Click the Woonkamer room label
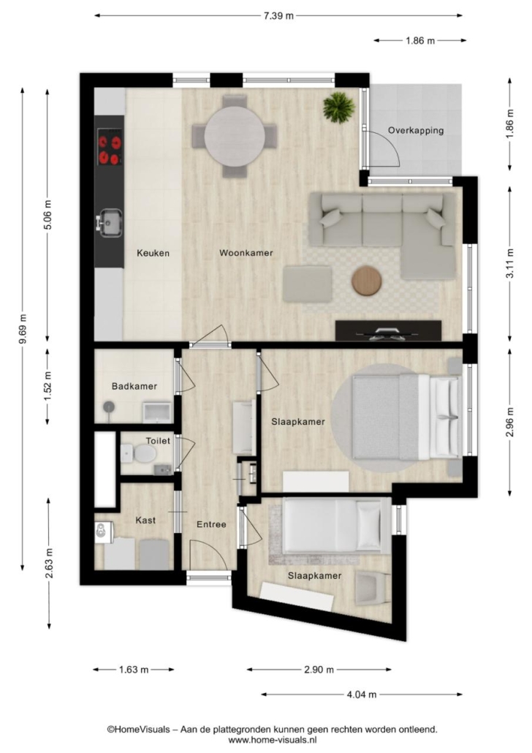[x=246, y=253]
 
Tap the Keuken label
[x=153, y=253]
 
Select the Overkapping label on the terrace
[x=416, y=130]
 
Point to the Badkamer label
[x=134, y=386]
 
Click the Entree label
[x=211, y=524]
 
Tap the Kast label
[x=145, y=520]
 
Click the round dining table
[x=235, y=137]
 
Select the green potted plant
[x=339, y=107]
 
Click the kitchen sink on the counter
[x=110, y=224]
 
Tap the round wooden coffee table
[x=366, y=281]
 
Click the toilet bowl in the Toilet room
[x=145, y=453]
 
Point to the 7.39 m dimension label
[x=278, y=16]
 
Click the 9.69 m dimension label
[x=22, y=329]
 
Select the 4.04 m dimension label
[x=362, y=695]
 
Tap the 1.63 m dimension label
[x=134, y=670]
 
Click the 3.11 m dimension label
[x=510, y=263]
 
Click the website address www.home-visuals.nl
[x=273, y=740]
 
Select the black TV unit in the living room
[x=388, y=330]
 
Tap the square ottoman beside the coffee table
[x=308, y=284]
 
